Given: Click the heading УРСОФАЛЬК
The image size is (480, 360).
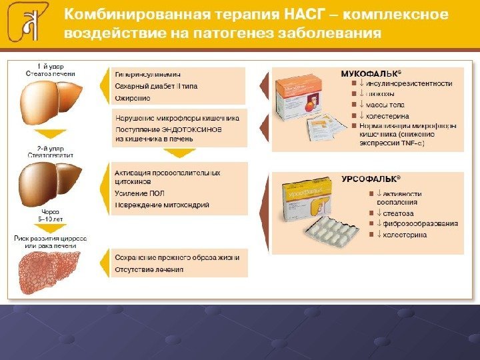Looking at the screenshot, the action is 371,180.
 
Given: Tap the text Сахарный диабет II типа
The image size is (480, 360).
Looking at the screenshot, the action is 156,86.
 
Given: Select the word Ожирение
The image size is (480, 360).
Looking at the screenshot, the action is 133,98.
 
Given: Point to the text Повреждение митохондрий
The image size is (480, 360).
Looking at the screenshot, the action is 162,205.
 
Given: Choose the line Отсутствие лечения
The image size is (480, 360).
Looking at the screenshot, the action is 149,269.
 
